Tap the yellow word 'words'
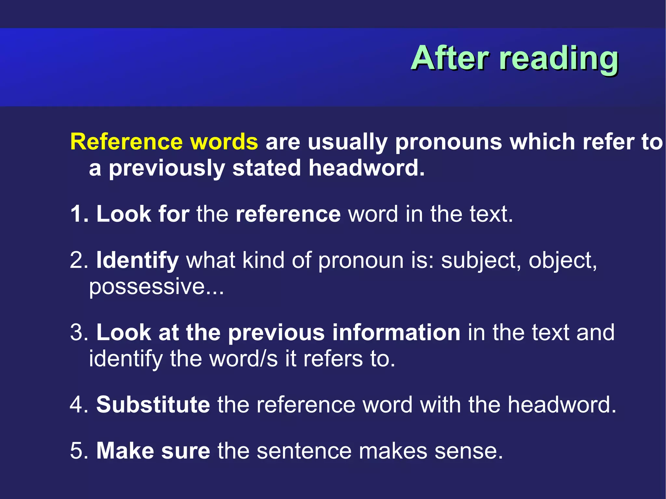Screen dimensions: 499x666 click(x=224, y=142)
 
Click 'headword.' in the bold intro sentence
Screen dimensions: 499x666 click(x=366, y=168)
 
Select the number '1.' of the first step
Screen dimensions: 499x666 click(x=79, y=214)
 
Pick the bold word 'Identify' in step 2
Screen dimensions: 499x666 click(x=137, y=261)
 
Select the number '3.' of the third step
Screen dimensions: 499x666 click(x=79, y=333)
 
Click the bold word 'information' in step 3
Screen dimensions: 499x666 click(x=396, y=333)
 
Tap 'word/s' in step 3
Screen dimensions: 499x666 click(x=244, y=359)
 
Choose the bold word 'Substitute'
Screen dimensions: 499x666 click(x=153, y=405)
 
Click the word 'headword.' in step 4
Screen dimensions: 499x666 click(x=562, y=405)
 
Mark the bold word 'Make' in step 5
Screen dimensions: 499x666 click(x=125, y=451)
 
